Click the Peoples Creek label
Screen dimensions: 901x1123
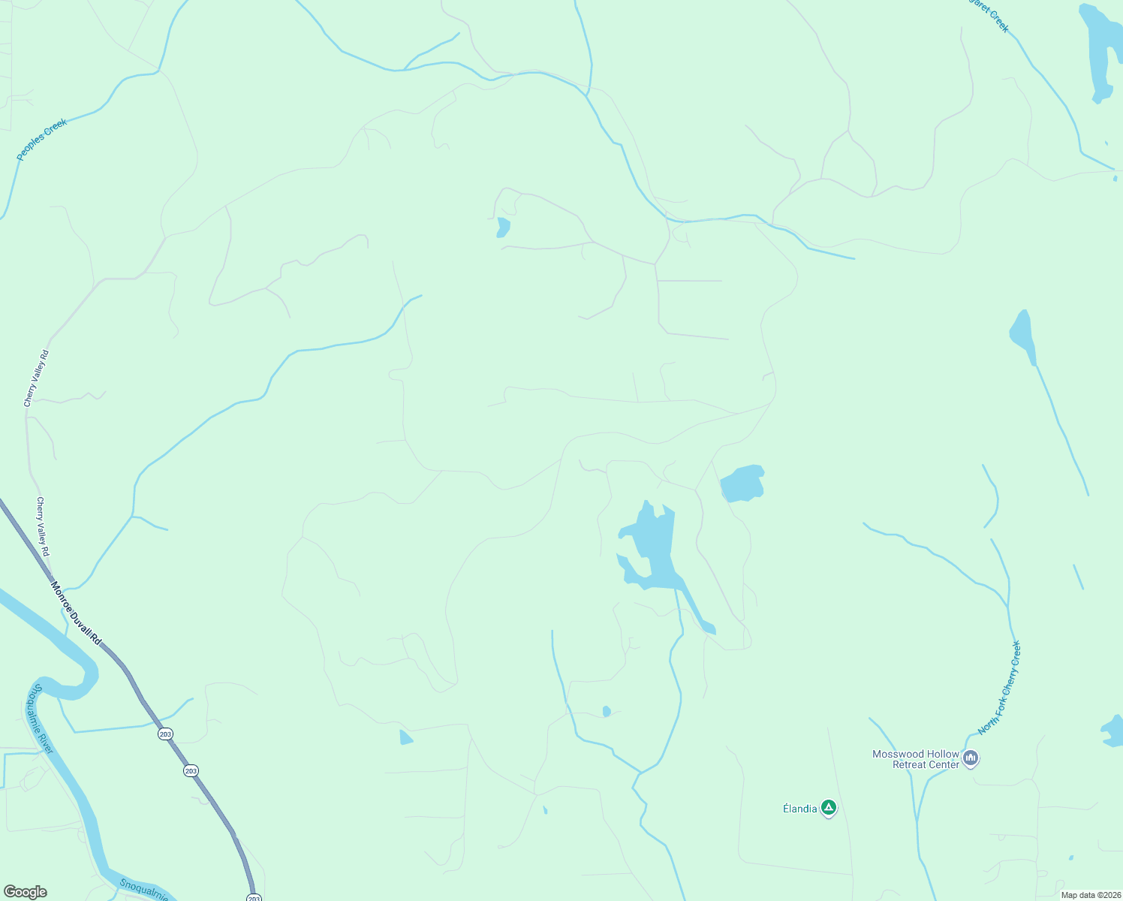[42, 139]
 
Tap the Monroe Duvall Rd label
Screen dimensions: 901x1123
[76, 613]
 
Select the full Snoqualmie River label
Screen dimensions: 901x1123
[43, 719]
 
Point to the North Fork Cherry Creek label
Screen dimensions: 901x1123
[999, 688]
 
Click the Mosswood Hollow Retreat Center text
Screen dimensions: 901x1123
[916, 759]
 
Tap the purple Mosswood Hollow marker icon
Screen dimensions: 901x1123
[971, 758]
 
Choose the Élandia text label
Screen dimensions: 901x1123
[799, 809]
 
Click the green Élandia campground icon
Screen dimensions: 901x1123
[828, 808]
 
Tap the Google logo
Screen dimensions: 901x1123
[25, 892]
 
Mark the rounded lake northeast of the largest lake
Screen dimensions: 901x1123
[742, 484]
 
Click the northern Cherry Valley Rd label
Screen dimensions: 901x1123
[36, 378]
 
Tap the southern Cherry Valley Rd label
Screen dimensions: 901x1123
[44, 526]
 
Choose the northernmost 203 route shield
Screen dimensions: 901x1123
[165, 734]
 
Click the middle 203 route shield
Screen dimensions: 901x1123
[191, 770]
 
